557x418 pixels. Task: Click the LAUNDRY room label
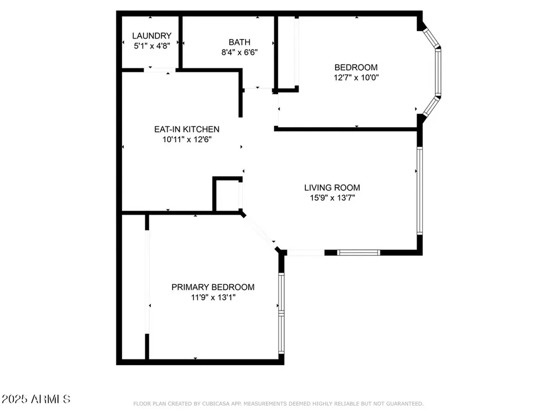152,36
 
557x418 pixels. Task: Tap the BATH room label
240,42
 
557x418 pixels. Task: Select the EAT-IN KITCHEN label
187,129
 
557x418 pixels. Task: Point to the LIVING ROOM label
332,187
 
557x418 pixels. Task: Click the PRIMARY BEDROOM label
213,287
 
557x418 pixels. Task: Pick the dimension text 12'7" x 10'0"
356,77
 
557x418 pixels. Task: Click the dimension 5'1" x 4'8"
152,46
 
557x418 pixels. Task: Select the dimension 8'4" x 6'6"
240,52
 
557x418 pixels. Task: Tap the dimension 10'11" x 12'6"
187,139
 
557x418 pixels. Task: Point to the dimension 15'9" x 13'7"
333,198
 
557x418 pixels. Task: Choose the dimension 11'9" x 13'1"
213,297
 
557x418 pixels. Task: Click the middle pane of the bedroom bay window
438,72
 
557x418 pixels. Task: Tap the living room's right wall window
419,191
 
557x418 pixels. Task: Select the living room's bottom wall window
358,252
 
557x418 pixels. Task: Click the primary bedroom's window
281,313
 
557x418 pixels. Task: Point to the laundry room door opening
159,70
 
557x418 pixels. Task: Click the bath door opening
258,88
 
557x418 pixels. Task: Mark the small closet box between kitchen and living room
228,195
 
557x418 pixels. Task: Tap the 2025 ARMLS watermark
36,399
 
